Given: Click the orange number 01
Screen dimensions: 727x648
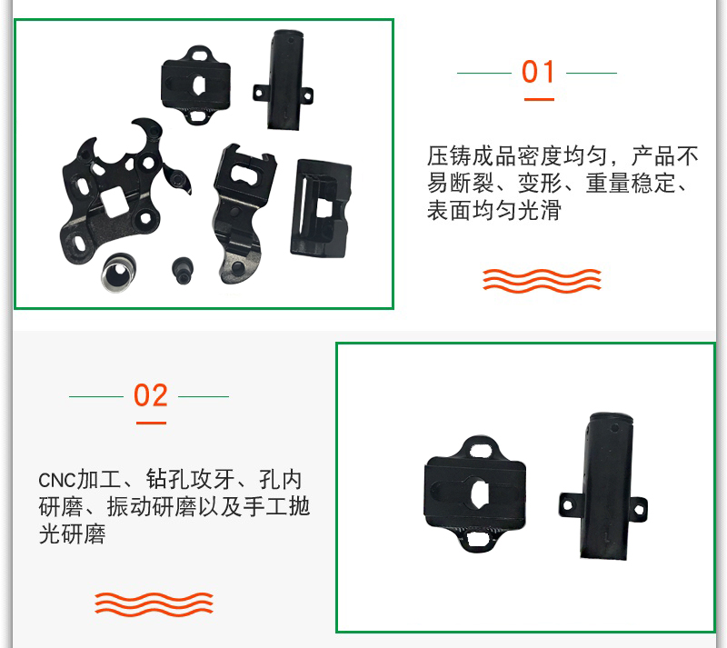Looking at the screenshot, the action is click(538, 72).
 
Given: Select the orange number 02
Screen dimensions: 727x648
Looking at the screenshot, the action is click(150, 395).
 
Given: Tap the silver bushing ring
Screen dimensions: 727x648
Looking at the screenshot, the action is click(119, 273).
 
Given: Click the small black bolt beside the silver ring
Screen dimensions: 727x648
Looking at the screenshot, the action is click(183, 270).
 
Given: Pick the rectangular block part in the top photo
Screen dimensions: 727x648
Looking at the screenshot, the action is click(321, 209).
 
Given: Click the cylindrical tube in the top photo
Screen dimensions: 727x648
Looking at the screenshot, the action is click(284, 80).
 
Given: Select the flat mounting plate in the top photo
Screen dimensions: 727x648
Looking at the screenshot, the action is click(196, 85).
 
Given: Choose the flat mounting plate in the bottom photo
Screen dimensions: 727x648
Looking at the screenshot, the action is click(475, 493).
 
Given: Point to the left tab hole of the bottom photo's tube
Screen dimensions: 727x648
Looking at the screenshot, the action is click(566, 504).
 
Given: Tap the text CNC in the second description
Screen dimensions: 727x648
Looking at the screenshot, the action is click(56, 480).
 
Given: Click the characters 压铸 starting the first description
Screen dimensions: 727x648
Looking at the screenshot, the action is click(449, 155).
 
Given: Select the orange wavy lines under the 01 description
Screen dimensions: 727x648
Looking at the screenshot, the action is click(542, 280).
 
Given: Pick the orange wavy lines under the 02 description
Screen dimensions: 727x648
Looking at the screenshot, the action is click(154, 604).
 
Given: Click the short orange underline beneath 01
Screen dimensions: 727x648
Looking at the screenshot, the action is click(539, 99).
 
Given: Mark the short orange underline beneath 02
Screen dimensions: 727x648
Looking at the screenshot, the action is click(151, 423).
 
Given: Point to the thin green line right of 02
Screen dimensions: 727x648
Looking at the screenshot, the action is click(204, 396).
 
